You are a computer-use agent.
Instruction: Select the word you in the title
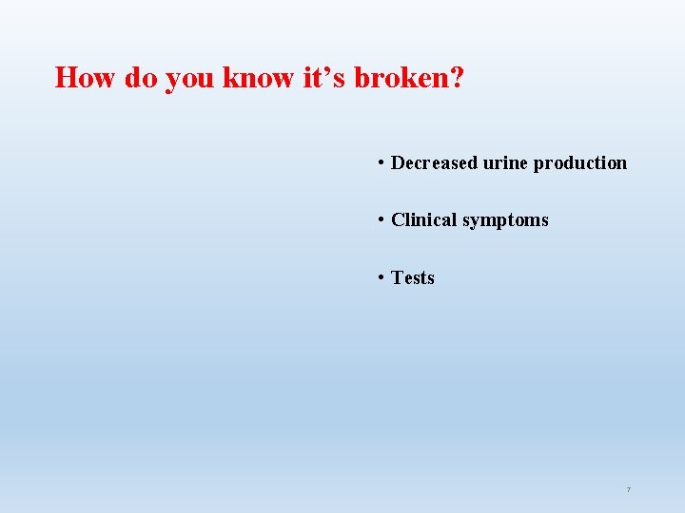point(190,80)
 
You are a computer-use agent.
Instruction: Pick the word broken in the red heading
point(400,77)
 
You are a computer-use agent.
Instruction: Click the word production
point(580,163)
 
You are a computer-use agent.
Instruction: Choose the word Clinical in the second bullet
point(424,219)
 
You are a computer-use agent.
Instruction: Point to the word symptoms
point(505,221)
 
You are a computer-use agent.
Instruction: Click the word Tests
point(413,277)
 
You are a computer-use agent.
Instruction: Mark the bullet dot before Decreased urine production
point(381,162)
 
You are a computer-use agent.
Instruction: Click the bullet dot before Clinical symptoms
point(381,219)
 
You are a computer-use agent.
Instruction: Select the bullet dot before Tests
point(381,277)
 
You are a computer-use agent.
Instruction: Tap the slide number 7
point(628,489)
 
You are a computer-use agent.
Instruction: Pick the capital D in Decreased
point(399,162)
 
